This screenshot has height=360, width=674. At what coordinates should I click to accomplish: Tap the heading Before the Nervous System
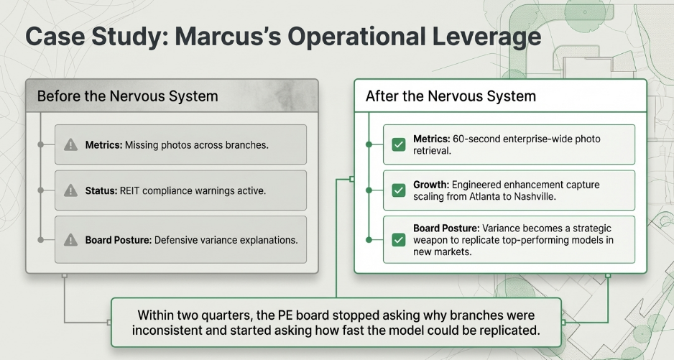tap(128, 96)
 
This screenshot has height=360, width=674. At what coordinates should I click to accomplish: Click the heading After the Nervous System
tap(451, 96)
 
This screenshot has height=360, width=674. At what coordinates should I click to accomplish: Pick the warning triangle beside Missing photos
tap(70, 145)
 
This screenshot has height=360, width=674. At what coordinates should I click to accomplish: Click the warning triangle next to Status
tap(70, 190)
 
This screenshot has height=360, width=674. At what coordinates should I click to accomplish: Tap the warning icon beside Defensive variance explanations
tap(70, 240)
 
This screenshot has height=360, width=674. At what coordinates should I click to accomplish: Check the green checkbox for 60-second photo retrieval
tap(399, 144)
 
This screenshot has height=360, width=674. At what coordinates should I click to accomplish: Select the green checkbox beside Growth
tap(399, 190)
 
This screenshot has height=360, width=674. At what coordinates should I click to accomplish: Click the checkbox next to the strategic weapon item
tap(399, 239)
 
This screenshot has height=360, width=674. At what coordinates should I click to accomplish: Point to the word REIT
tap(129, 190)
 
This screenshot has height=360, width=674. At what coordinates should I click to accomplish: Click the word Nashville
tap(537, 197)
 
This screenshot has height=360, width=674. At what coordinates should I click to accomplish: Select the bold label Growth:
tap(431, 185)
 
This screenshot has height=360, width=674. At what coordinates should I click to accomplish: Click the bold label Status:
tap(101, 190)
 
